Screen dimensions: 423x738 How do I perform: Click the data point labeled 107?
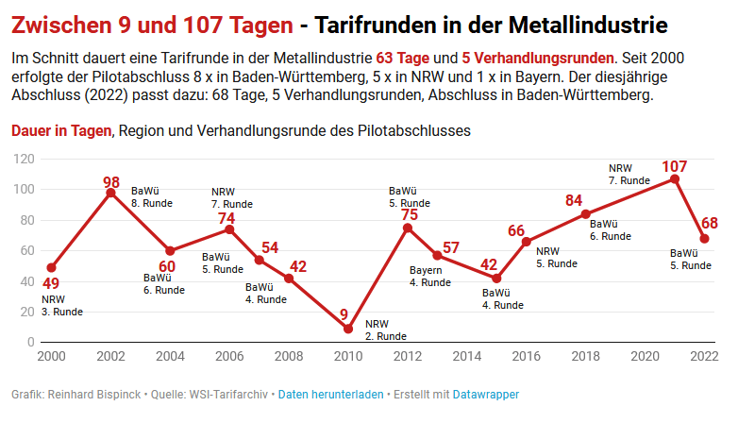(x=675, y=179)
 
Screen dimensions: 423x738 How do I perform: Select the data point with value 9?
(x=348, y=329)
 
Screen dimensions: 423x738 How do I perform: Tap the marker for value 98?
(x=111, y=193)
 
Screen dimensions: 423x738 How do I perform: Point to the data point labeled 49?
(x=52, y=268)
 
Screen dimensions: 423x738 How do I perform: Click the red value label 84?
(x=574, y=200)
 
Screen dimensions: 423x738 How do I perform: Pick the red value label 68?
(x=710, y=224)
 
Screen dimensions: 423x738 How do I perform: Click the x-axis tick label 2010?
(x=348, y=356)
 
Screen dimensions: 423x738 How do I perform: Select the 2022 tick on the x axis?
(x=704, y=356)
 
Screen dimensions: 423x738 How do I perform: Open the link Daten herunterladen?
(x=330, y=394)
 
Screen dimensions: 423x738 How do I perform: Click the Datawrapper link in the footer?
(x=486, y=394)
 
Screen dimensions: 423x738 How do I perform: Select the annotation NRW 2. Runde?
(x=386, y=330)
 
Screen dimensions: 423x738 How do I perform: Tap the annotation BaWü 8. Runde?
(x=150, y=195)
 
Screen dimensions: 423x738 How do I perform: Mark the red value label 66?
(x=516, y=230)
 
